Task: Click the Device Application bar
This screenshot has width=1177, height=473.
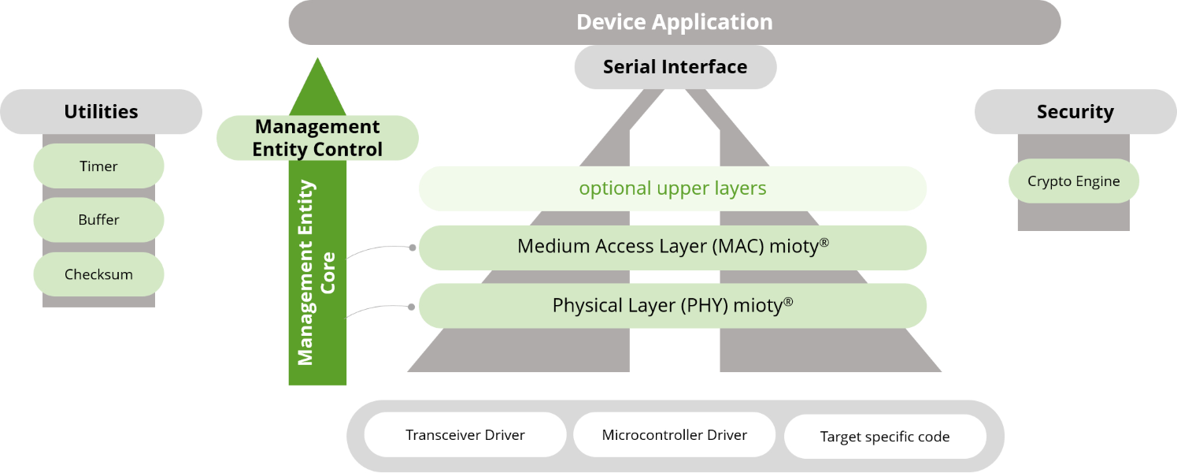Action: coord(674,22)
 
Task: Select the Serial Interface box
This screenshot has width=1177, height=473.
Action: coord(675,67)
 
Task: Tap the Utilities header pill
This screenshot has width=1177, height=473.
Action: coord(101,111)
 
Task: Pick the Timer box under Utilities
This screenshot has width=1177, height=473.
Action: coord(98,166)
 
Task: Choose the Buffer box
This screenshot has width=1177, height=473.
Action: coord(98,220)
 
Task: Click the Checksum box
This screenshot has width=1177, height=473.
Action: coord(98,274)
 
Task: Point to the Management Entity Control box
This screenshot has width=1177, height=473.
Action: coord(317,138)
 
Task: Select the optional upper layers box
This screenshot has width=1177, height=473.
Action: coord(672,188)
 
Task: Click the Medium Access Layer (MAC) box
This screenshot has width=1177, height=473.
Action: coord(672,248)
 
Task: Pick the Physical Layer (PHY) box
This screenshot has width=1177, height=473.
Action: coord(672,306)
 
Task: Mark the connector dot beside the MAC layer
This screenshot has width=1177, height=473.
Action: coord(413,248)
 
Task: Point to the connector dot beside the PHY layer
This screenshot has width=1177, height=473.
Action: coord(412,307)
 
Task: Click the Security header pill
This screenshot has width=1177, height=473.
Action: coord(1075,111)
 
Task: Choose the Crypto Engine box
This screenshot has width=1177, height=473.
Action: coord(1074,181)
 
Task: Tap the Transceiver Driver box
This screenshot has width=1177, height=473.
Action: coord(465,434)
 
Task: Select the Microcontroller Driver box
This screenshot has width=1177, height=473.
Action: coord(674,434)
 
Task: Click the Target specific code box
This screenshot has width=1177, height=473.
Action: coord(885,436)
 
